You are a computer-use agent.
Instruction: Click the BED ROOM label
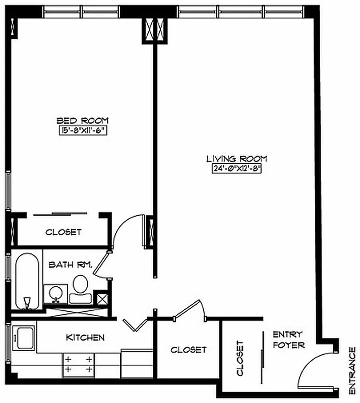click(82, 120)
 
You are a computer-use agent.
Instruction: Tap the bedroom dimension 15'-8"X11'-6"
click(83, 130)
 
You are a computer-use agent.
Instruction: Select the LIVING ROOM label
click(236, 159)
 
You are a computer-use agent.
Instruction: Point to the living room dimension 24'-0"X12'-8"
click(236, 169)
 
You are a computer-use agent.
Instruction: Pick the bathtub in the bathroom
click(27, 282)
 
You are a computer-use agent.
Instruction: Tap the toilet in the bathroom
click(80, 289)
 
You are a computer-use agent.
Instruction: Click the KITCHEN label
click(85, 338)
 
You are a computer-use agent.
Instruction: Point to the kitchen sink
click(23, 335)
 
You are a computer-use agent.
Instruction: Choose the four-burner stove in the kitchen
click(78, 365)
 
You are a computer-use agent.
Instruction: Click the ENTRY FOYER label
click(288, 340)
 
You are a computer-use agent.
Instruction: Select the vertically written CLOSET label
click(240, 358)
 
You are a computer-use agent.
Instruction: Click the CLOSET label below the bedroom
click(63, 232)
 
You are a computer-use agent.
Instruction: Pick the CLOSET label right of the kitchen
click(188, 349)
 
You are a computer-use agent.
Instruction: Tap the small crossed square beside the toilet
click(102, 298)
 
